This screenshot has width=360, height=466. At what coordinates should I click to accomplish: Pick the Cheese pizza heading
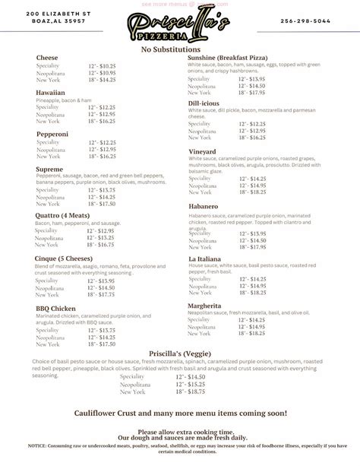[47, 58]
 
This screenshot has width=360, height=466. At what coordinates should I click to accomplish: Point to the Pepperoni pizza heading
[53, 133]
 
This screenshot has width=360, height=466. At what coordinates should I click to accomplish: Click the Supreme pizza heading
[50, 169]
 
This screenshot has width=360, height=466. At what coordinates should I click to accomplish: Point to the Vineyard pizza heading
[203, 151]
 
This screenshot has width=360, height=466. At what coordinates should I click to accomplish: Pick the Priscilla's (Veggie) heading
[180, 353]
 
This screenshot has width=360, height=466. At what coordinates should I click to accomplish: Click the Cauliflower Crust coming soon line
[180, 413]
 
